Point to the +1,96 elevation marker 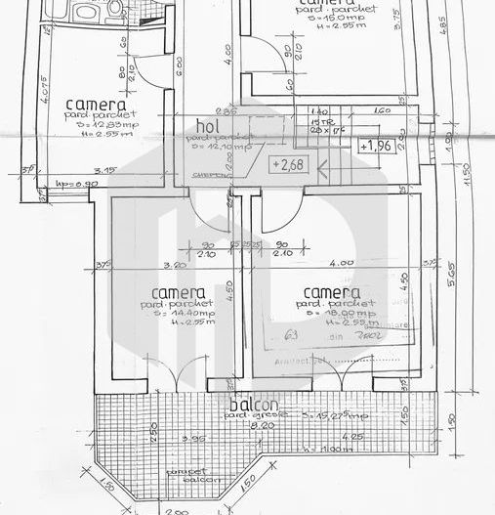pos(377,147)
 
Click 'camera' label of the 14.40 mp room pos(179,293)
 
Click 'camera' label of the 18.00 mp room pos(332,293)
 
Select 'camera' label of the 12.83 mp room pos(95,105)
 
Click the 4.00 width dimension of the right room pos(341,264)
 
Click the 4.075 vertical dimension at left pos(45,98)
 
